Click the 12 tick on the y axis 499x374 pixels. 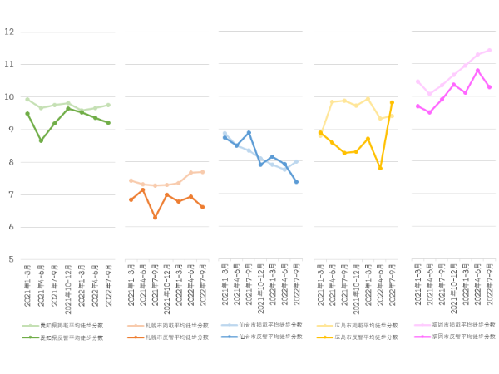[9, 32]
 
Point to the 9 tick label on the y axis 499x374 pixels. [11, 129]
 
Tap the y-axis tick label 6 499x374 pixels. [11, 227]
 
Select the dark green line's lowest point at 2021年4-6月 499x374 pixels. [41, 140]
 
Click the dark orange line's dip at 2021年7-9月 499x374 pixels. [155, 218]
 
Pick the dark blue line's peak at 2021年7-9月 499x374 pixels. [249, 132]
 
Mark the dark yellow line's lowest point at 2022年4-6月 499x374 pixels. [380, 168]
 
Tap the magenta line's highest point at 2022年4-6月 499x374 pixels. [477, 71]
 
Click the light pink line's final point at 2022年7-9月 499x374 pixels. [489, 50]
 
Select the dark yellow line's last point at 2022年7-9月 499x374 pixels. [392, 102]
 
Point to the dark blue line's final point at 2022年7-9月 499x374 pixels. [296, 181]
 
